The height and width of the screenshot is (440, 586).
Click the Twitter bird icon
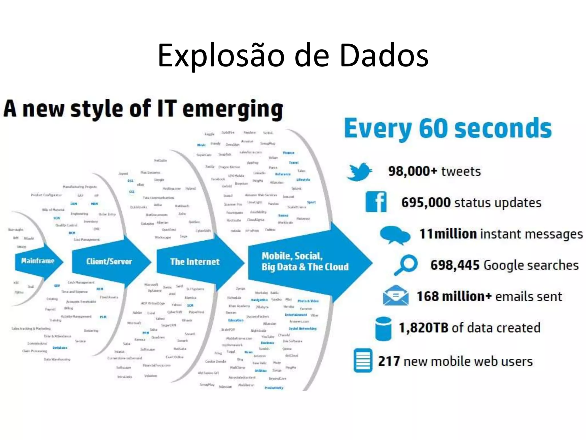tap(359, 172)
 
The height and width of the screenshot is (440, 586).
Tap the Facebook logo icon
tap(376, 202)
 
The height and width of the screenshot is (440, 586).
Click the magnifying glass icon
tap(406, 265)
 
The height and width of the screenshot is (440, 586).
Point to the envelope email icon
tap(396, 296)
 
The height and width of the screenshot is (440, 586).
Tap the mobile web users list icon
tap(363, 360)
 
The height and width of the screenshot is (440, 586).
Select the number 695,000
tap(426, 203)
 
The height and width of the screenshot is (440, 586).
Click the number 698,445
tap(455, 265)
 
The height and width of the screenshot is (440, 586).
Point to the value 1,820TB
tap(423, 328)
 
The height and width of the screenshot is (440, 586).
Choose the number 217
tap(389, 361)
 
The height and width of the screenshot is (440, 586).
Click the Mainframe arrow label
tap(38, 261)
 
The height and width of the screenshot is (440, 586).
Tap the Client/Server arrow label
tap(109, 261)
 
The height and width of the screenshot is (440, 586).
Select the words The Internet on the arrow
tap(195, 262)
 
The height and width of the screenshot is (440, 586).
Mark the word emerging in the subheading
tap(233, 109)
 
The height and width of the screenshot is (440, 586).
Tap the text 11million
tap(448, 234)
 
